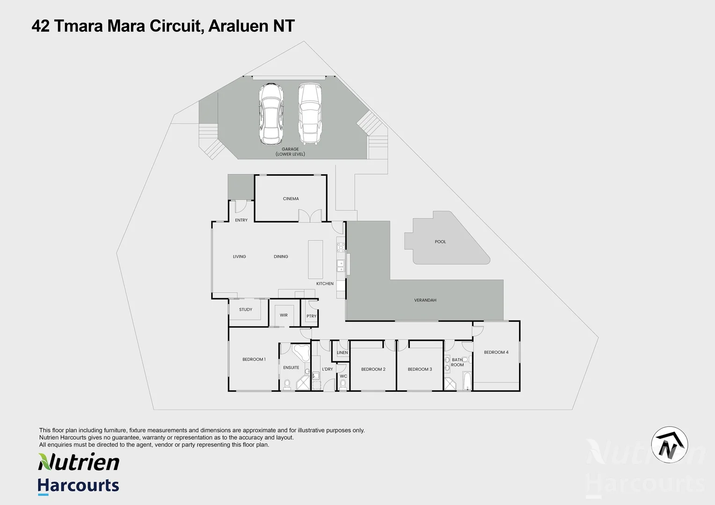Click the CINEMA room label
(291, 199)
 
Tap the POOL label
(440, 242)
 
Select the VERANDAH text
(425, 300)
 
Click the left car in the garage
(271, 114)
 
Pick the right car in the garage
(310, 114)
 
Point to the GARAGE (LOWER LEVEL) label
(290, 151)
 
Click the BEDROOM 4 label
(496, 352)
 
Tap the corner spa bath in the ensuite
(301, 352)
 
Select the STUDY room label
(246, 310)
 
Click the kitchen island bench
(315, 260)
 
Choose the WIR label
(284, 315)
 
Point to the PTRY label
(311, 316)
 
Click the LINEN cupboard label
(342, 353)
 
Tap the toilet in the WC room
(343, 384)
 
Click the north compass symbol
(670, 445)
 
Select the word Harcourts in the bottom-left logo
(79, 485)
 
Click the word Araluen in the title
(238, 26)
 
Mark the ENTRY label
(241, 220)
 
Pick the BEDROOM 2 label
(373, 369)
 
